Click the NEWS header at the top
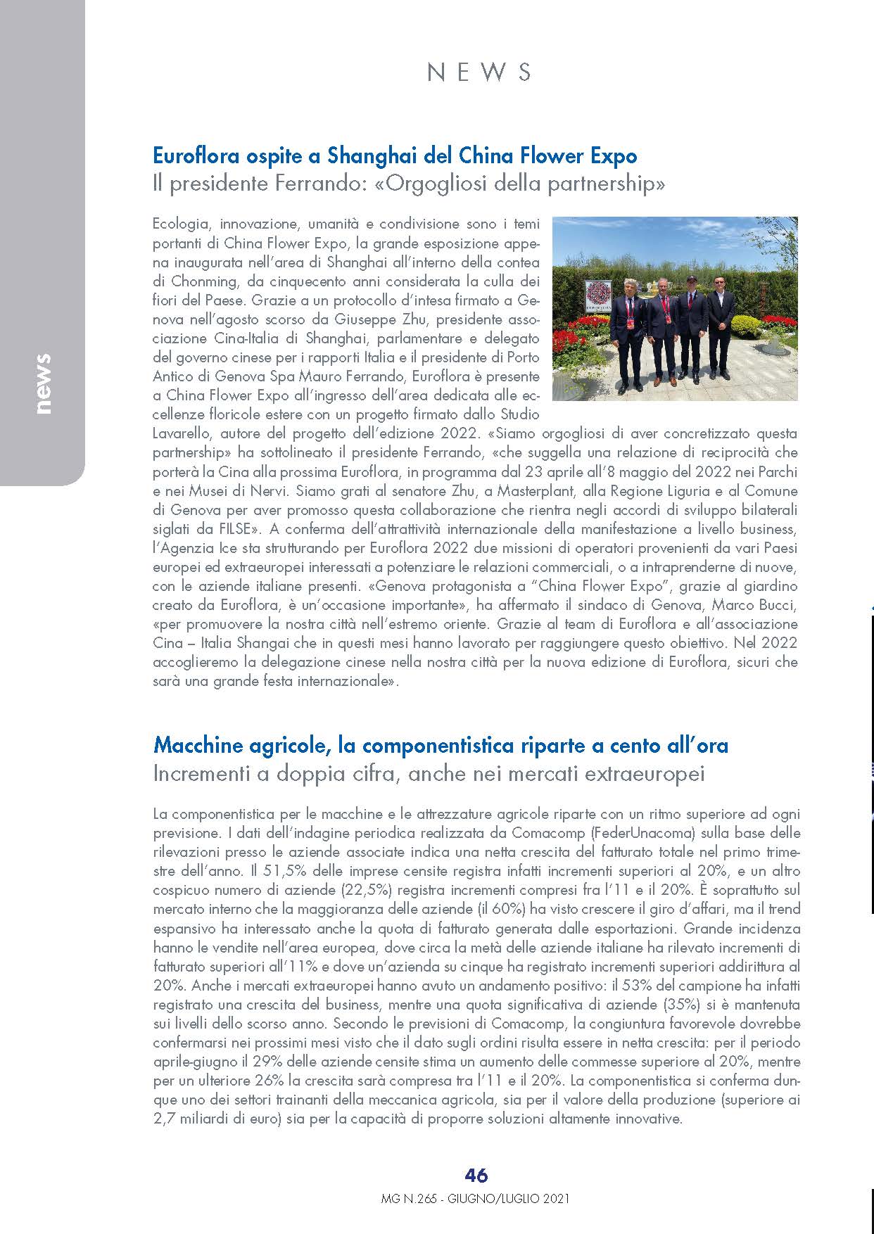[479, 72]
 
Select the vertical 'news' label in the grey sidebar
[44, 383]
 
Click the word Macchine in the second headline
[198, 745]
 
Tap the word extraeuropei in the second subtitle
[649, 774]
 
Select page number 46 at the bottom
[476, 1176]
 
